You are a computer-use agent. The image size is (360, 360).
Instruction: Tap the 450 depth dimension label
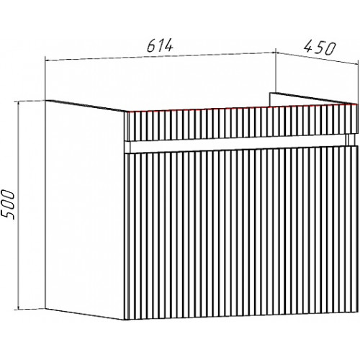pyautogui.click(x=320, y=48)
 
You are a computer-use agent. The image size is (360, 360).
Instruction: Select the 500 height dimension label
pyautogui.click(x=8, y=204)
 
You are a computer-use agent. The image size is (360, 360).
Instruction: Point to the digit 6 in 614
pyautogui.click(x=151, y=45)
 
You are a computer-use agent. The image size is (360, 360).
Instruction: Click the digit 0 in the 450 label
pyautogui.click(x=330, y=50)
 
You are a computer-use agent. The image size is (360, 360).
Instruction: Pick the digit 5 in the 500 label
pyautogui.click(x=8, y=215)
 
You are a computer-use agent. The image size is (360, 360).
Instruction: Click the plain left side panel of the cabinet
pyautogui.click(x=85, y=209)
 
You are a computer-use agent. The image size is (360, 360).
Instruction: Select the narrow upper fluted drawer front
pyautogui.click(x=242, y=123)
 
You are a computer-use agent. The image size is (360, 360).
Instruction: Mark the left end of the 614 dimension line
pyautogui.click(x=45, y=60)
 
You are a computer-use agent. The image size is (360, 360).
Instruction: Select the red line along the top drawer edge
pyautogui.click(x=242, y=108)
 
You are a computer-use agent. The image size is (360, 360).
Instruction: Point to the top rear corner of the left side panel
pyautogui.click(x=45, y=100)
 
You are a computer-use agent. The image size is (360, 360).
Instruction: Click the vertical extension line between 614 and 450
pyautogui.click(x=276, y=71)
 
